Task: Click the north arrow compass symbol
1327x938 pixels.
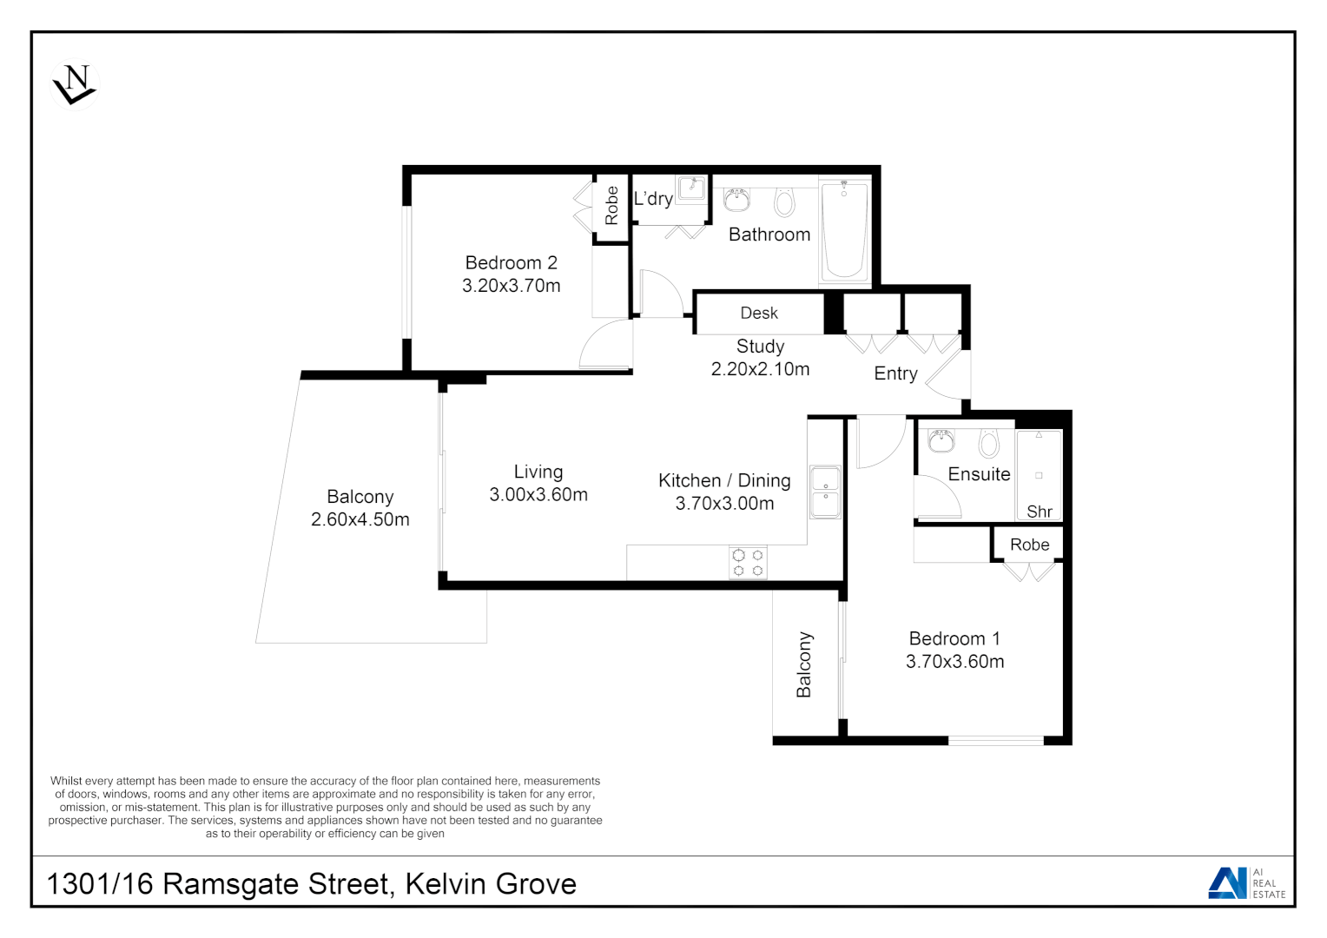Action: [x=75, y=84]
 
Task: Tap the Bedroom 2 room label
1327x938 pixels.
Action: [x=511, y=263]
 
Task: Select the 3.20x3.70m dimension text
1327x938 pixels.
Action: [x=511, y=286]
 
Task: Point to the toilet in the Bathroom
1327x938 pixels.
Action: [x=785, y=202]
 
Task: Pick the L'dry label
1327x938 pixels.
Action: [x=653, y=199]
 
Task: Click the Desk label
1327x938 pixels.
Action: [x=759, y=314]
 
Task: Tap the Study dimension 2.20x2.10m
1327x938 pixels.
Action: [x=760, y=369]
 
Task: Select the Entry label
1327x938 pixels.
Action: [x=895, y=373]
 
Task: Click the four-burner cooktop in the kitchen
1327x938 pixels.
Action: [x=748, y=562]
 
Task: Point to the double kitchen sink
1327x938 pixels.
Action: [x=825, y=492]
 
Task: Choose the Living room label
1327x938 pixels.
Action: [x=538, y=472]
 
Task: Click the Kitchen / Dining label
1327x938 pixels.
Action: [x=724, y=480]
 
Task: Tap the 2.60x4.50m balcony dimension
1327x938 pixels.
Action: [x=360, y=519]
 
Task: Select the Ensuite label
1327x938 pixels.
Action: [x=979, y=474]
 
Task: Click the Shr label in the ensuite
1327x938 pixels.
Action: [x=1040, y=512]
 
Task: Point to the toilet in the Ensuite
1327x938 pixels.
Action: [x=988, y=444]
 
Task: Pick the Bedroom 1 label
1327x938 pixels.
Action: [x=954, y=639]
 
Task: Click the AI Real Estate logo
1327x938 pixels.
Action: [x=1247, y=882]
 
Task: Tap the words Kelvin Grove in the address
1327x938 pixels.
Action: [x=491, y=884]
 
